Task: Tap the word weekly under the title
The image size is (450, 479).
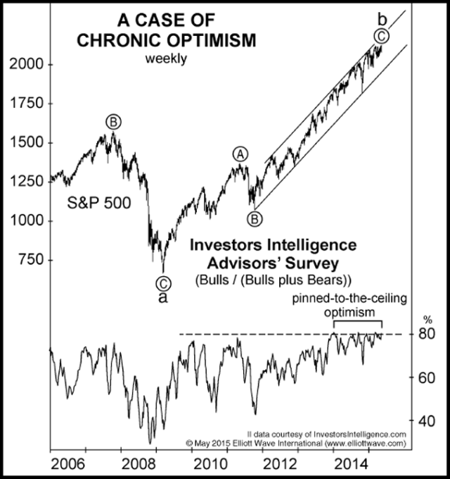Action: (x=166, y=58)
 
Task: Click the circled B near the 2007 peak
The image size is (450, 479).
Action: (x=112, y=121)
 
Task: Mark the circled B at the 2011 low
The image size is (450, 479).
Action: (x=255, y=218)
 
